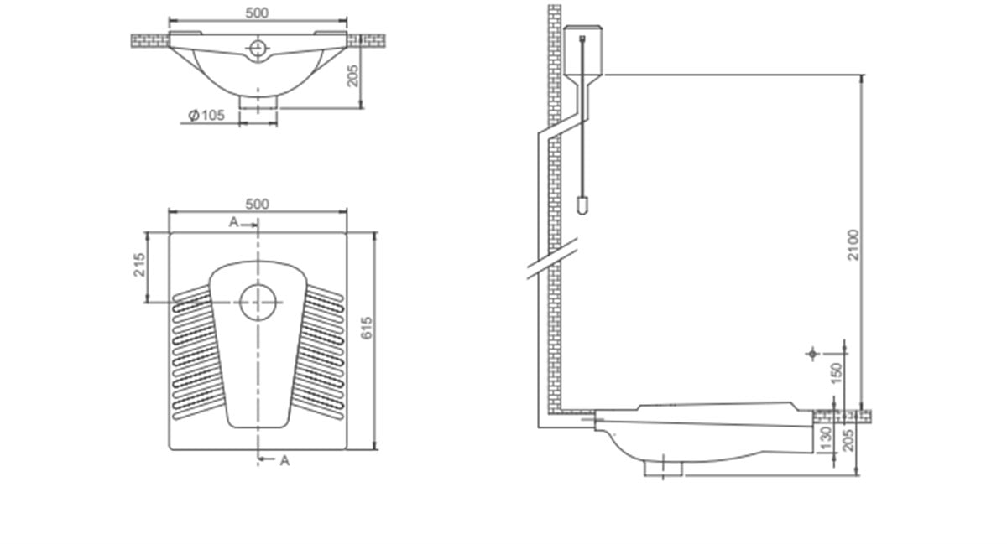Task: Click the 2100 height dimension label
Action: [x=853, y=246]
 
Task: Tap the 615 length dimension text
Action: [x=367, y=329]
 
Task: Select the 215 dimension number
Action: [x=139, y=265]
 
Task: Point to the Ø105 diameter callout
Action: [x=206, y=116]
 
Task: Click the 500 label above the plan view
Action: [x=257, y=205]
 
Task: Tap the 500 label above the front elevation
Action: [x=257, y=13]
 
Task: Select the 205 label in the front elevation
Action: [x=353, y=75]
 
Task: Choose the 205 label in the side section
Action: [x=848, y=440]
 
